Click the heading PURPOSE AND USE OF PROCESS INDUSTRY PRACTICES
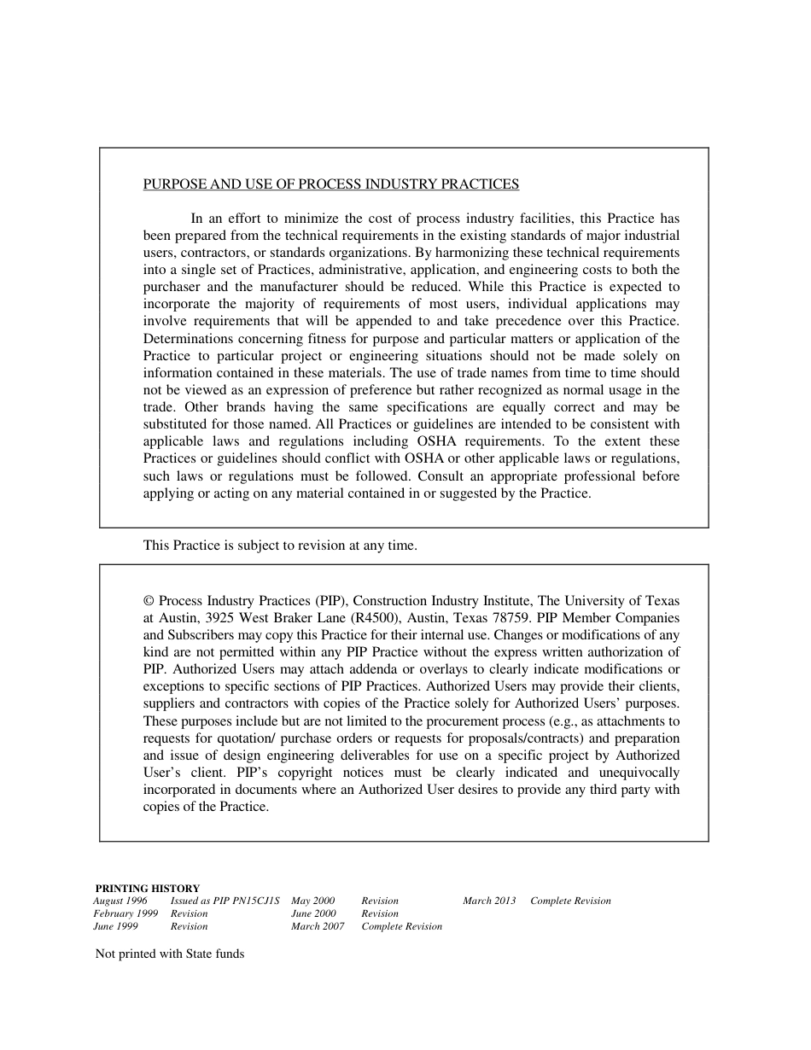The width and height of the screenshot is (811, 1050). pos(330,184)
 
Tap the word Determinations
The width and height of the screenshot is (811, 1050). pos(183,339)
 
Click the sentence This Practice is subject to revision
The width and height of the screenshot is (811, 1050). pos(280,545)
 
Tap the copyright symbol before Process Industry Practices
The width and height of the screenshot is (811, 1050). pos(149,601)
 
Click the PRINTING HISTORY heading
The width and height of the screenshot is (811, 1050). pos(147,889)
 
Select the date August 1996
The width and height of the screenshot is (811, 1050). pos(120,901)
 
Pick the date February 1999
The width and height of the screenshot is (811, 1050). pos(125,913)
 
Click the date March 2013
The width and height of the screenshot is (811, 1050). pos(489,901)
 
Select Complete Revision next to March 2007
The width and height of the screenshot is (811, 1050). pos(401,926)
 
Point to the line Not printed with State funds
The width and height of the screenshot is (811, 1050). pos(169,954)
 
